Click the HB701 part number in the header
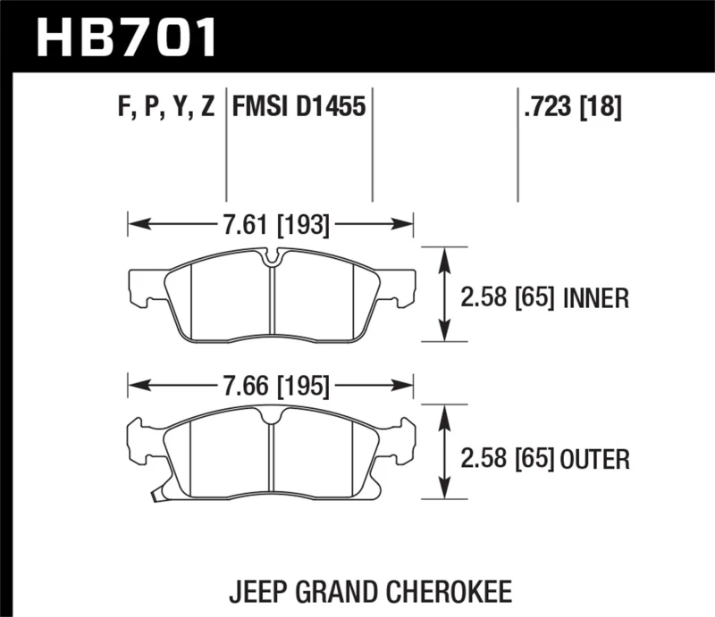[x=126, y=38]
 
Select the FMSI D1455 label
[x=299, y=109]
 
